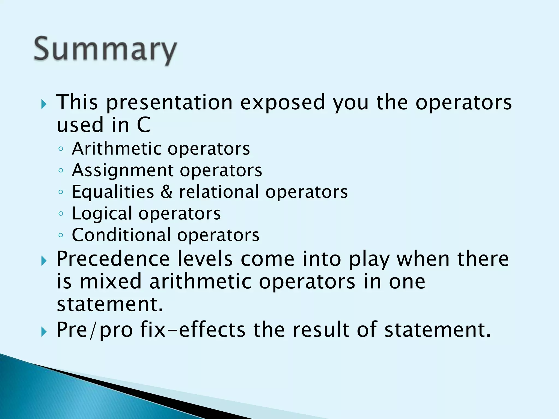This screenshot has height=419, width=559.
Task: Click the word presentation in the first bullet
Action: (x=169, y=103)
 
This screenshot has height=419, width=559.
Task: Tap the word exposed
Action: (x=283, y=103)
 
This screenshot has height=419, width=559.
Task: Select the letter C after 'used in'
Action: (x=144, y=125)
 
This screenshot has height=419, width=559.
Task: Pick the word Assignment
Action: (x=123, y=170)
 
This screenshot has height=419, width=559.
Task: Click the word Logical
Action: (x=102, y=213)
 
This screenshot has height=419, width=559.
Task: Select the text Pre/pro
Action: (x=94, y=330)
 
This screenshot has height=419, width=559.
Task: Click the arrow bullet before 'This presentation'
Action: (x=44, y=104)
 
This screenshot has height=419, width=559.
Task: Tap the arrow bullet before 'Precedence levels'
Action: (x=44, y=261)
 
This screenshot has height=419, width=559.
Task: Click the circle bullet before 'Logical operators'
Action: (x=61, y=214)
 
